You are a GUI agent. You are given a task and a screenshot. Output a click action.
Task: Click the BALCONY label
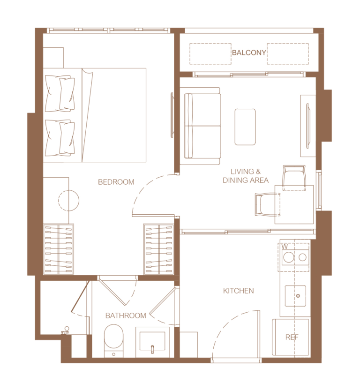coord(249,53)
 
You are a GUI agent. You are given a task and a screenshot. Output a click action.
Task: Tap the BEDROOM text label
coord(116,182)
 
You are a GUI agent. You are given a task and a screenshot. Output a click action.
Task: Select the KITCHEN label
coord(238,291)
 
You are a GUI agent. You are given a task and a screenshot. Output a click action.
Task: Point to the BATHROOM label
coord(126,316)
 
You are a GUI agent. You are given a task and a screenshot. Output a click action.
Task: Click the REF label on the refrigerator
coord(292,337)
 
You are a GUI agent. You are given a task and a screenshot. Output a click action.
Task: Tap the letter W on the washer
coord(285,247)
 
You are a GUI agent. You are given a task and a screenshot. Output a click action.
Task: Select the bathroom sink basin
coord(152,341)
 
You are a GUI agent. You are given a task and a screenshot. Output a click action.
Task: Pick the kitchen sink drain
coord(298,296)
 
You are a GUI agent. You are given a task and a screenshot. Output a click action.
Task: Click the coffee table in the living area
coord(245,127)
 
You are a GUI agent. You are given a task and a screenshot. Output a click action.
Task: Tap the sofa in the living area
coord(200,126)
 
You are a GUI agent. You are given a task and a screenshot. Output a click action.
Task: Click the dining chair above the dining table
coord(294,178)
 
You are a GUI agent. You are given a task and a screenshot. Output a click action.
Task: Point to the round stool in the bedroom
coord(69,200)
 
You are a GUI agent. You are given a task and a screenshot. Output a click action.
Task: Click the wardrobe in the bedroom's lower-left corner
coord(59,249)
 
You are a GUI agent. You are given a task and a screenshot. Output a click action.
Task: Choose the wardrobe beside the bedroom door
coord(158,249)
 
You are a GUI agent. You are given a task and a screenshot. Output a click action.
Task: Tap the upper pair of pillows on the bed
coord(60,93)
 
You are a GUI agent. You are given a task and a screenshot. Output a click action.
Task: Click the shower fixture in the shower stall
coord(66,331)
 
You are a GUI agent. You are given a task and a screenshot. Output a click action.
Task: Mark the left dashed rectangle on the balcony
coord(210,54)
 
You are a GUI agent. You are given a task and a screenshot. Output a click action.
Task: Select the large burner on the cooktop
coord(289,257)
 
